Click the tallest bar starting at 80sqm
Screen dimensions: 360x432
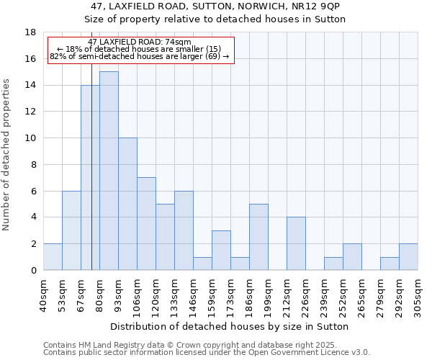109,171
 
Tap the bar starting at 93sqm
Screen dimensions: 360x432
127,204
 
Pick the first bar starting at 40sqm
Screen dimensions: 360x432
53,257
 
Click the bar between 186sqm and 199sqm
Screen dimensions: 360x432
258,237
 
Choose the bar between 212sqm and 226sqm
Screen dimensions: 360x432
296,243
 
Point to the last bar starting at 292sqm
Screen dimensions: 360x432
408,257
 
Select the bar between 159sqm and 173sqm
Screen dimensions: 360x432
221,251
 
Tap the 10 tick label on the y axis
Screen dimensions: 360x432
30,138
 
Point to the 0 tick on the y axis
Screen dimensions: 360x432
33,271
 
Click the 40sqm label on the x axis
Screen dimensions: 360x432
44,294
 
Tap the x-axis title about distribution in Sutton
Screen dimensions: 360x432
230,326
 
